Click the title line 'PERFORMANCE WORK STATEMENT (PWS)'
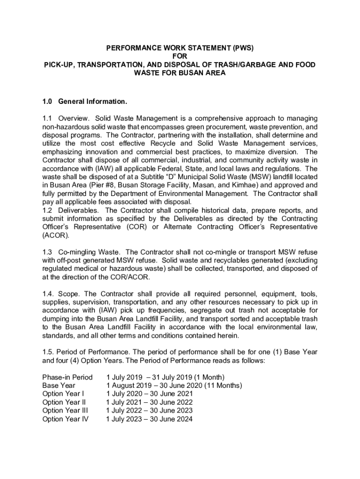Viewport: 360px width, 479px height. coord(180,48)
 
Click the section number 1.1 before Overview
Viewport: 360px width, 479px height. coord(48,118)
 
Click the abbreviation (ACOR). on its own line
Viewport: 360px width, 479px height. coord(55,236)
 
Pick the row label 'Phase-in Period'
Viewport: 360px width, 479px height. coord(67,377)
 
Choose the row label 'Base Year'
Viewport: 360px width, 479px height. coord(59,385)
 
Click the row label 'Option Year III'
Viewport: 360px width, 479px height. coord(65,411)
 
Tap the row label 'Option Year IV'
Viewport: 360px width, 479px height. coord(65,419)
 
